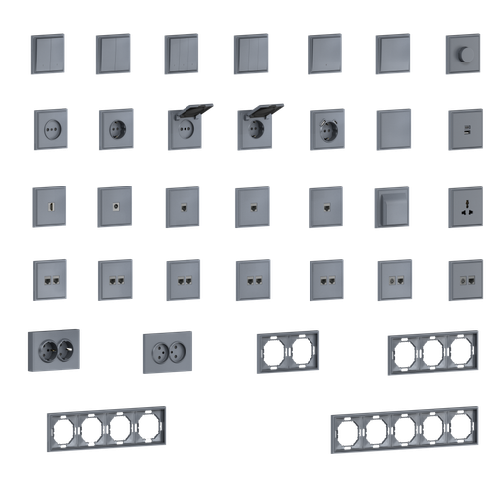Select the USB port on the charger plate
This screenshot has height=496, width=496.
click(463, 128)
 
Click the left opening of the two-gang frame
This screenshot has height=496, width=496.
click(272, 349)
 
